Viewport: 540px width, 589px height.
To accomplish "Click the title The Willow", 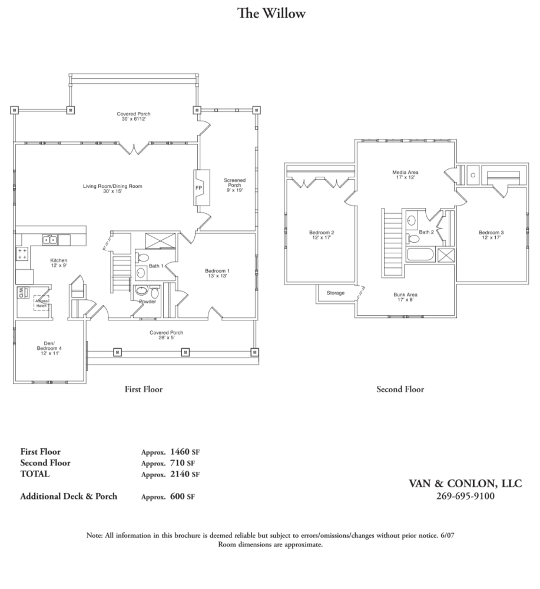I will coord(271,13).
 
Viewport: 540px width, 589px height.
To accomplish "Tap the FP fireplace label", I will coord(198,188).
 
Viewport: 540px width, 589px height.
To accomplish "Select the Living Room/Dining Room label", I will coord(112,189).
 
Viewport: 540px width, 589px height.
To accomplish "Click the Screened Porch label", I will coord(234,185).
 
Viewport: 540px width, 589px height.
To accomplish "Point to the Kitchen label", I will coord(58,263).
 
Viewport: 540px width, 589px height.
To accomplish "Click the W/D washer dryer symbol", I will coord(21,292).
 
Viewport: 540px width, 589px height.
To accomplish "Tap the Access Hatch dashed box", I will coord(41,303).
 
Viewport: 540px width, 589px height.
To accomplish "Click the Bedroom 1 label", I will coord(216,273).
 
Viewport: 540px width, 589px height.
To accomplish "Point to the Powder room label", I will coord(147,302).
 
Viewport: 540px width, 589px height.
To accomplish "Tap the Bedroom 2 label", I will coord(322,235).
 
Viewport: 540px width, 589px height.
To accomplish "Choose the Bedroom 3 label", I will coord(491,235).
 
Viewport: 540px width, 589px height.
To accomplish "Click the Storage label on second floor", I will coord(335,293).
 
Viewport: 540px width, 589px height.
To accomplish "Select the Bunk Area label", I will coord(405,296).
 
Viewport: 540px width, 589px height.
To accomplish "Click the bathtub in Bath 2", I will coord(420,256).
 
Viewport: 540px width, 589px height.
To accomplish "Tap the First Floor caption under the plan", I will coord(143,389).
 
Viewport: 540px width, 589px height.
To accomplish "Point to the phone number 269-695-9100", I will coord(465,496).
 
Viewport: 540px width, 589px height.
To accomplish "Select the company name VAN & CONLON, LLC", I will coord(465,484).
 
